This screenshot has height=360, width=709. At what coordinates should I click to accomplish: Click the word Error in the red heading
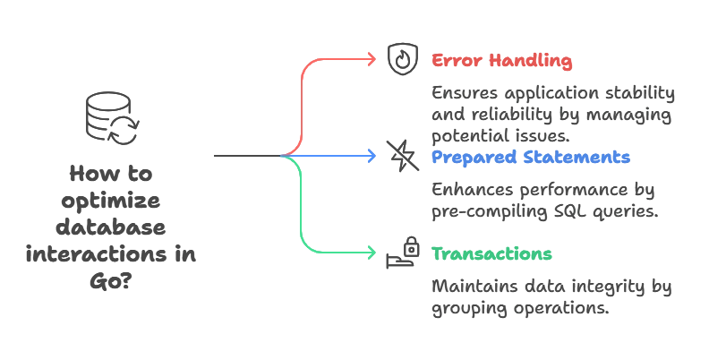pyautogui.click(x=452, y=60)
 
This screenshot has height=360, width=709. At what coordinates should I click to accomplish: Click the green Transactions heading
pyautogui.click(x=491, y=253)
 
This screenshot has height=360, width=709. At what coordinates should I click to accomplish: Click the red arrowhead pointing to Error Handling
pyautogui.click(x=372, y=58)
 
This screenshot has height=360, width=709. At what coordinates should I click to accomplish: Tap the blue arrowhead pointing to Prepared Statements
pyautogui.click(x=372, y=156)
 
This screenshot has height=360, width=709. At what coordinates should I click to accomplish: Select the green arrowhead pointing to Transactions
pyautogui.click(x=372, y=253)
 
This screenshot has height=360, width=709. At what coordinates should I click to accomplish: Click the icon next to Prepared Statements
pyautogui.click(x=399, y=155)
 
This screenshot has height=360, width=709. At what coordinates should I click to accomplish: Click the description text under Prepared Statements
pyautogui.click(x=543, y=202)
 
